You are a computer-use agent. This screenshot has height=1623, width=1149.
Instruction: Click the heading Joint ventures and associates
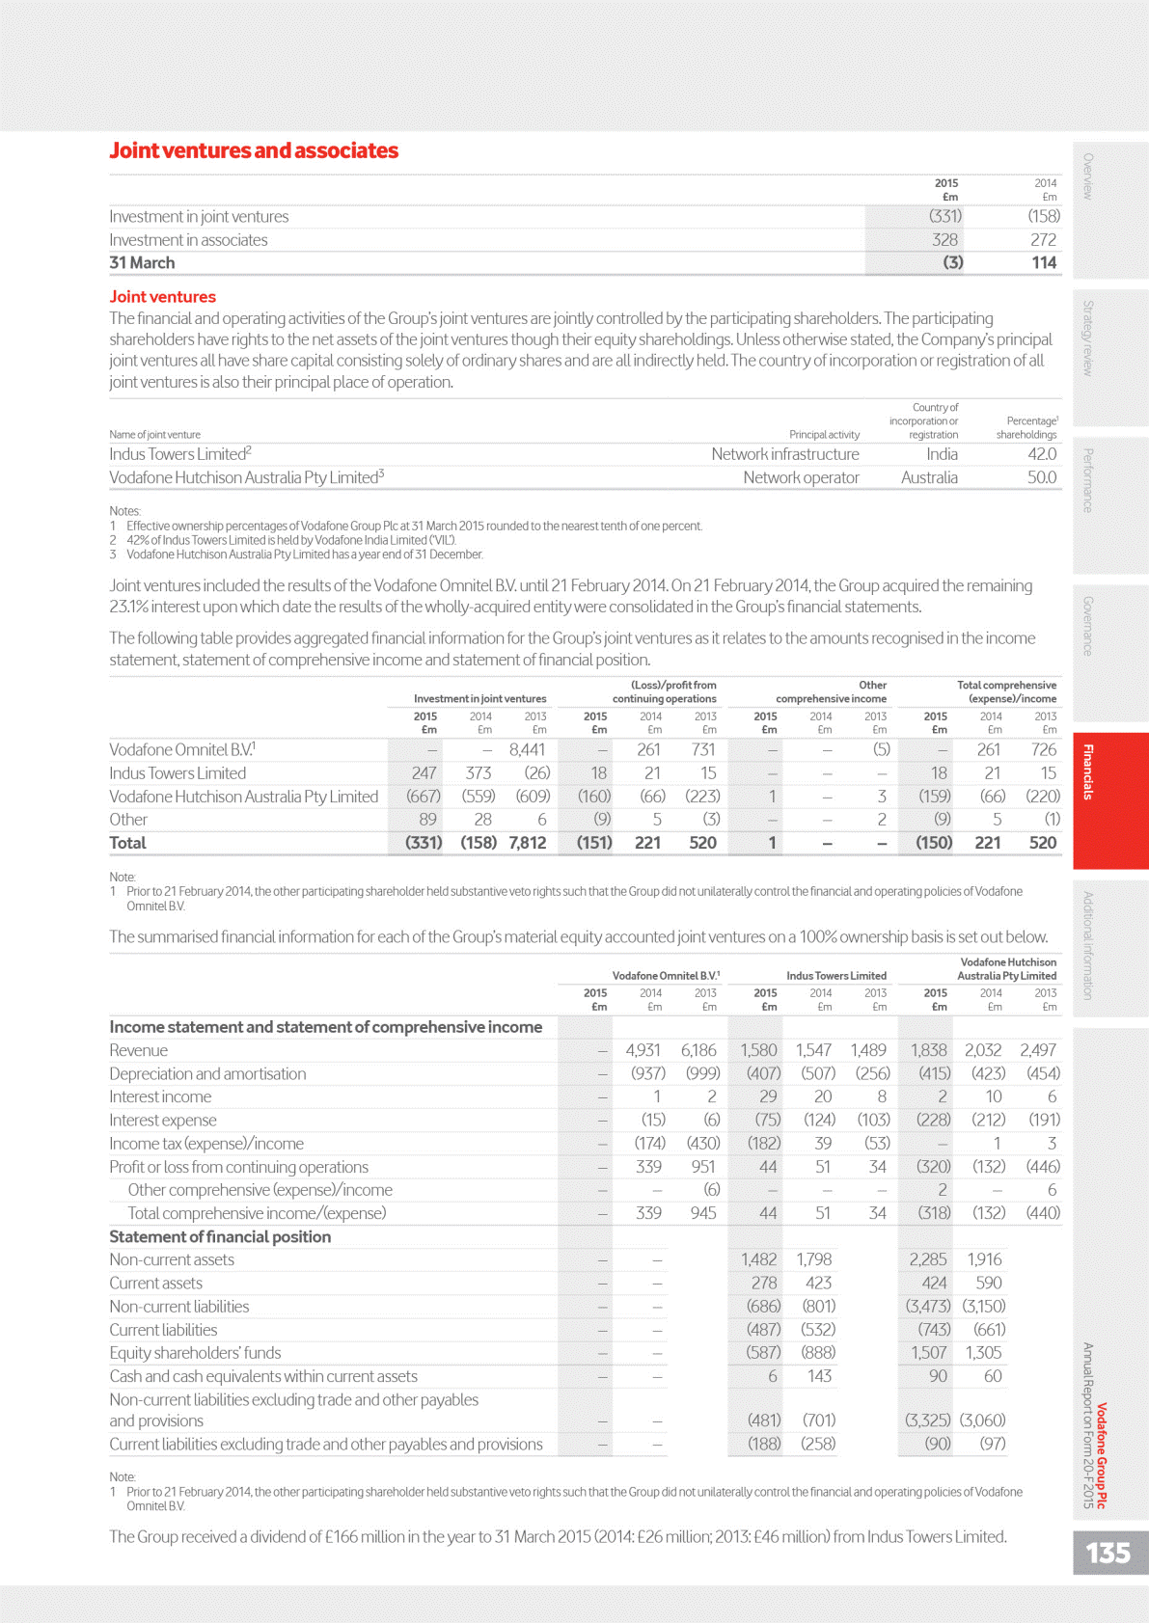click(x=254, y=150)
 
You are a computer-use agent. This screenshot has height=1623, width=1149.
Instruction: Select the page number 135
click(x=1108, y=1553)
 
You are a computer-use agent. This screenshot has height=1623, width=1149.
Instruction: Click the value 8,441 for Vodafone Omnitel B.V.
click(x=527, y=749)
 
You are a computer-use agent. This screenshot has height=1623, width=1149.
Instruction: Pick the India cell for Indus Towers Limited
click(x=942, y=454)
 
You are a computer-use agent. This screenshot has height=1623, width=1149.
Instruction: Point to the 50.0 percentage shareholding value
click(x=1041, y=477)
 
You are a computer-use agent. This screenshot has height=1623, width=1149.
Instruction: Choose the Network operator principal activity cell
click(x=801, y=477)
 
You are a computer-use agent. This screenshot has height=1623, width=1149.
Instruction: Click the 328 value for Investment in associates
click(x=944, y=239)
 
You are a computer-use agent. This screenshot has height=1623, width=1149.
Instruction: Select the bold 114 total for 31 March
click(x=1044, y=262)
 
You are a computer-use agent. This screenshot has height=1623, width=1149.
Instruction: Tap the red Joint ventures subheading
click(x=162, y=297)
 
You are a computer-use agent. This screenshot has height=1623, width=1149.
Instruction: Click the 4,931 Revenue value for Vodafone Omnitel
click(x=643, y=1050)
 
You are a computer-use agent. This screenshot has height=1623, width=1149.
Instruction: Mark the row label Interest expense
click(x=162, y=1120)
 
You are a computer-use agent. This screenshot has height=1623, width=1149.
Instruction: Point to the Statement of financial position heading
click(x=220, y=1236)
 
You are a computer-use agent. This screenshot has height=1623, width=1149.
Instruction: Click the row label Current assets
click(x=155, y=1283)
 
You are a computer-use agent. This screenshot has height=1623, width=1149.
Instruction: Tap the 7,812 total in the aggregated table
click(x=527, y=843)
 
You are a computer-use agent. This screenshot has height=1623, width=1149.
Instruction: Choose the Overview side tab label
click(x=1087, y=176)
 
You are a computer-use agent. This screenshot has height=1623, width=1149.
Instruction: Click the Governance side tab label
click(x=1087, y=627)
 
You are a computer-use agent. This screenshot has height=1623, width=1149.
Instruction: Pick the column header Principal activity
click(x=824, y=435)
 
